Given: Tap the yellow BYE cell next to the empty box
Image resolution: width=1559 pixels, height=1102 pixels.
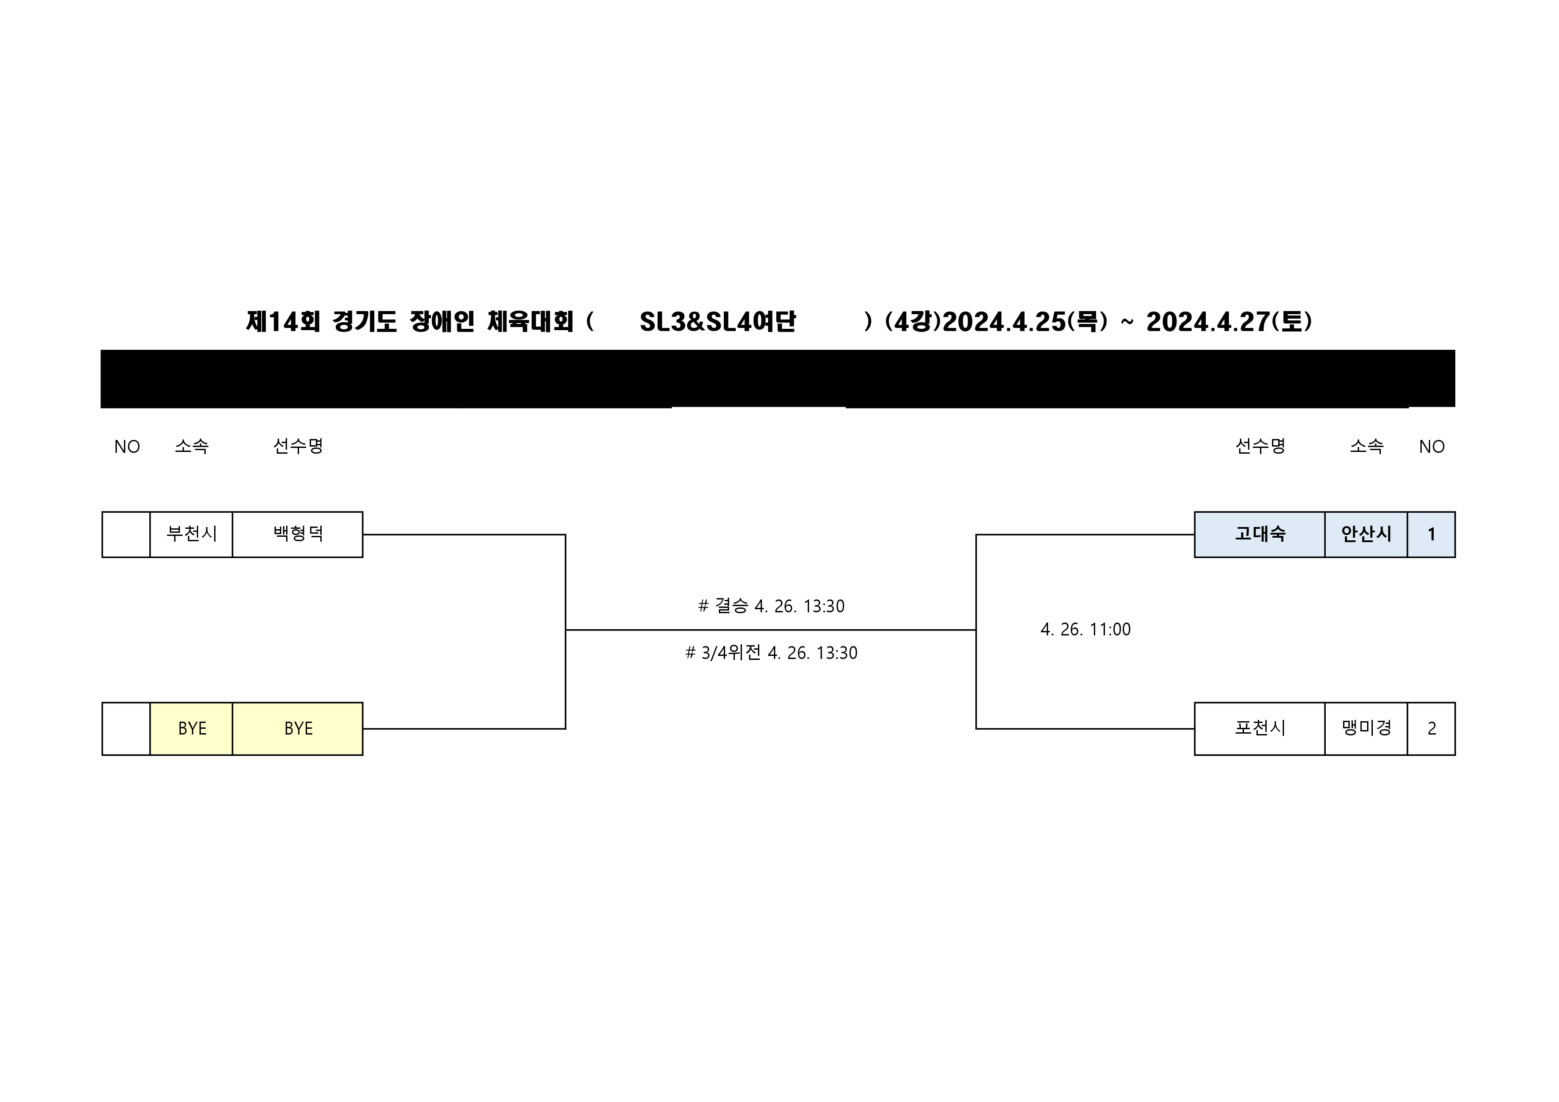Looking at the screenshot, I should tap(191, 729).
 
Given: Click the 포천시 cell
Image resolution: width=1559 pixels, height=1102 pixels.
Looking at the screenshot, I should tap(1260, 729).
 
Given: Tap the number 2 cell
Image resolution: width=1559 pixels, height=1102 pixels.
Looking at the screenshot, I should tap(1431, 729).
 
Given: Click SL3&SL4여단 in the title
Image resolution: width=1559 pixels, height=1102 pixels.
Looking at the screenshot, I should tap(717, 322).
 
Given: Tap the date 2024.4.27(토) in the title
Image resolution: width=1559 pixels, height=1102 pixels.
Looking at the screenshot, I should tap(1229, 322).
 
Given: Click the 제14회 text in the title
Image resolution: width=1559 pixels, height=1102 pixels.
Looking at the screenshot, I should tap(283, 322).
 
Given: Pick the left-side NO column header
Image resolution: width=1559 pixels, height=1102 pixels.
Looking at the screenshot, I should tap(127, 447).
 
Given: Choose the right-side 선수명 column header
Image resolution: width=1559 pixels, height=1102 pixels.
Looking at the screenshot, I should tap(1260, 447).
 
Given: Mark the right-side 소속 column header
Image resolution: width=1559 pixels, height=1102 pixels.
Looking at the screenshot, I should tap(1366, 447).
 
